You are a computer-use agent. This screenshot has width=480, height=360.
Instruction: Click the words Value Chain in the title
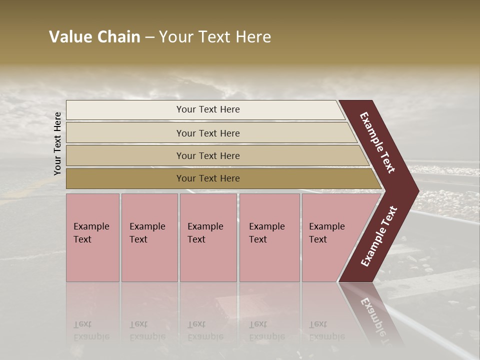[94, 37]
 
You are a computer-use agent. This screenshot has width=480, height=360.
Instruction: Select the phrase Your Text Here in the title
[215, 37]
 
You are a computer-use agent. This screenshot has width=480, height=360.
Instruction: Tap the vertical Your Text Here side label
[57, 143]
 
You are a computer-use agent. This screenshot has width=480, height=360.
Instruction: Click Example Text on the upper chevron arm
[377, 142]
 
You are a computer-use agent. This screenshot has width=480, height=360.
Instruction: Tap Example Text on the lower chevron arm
[379, 236]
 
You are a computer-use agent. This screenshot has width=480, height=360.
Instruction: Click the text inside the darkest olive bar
[208, 178]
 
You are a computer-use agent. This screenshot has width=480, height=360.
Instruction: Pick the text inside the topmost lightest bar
[208, 109]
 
